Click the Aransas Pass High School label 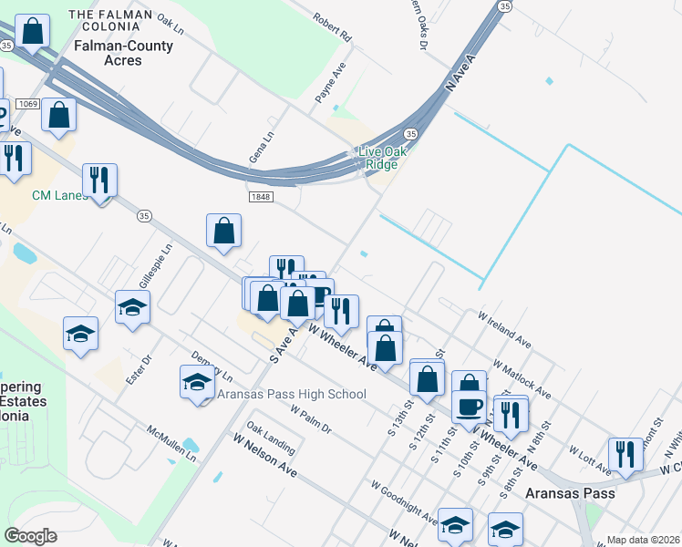point(291,394)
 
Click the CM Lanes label point(60,195)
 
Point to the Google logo point(31,535)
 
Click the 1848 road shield point(260,196)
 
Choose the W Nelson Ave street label point(264,454)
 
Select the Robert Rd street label point(332,27)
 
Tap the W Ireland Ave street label point(504,327)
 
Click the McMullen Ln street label point(172,443)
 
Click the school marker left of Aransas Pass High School point(196,383)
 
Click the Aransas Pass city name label point(570,492)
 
